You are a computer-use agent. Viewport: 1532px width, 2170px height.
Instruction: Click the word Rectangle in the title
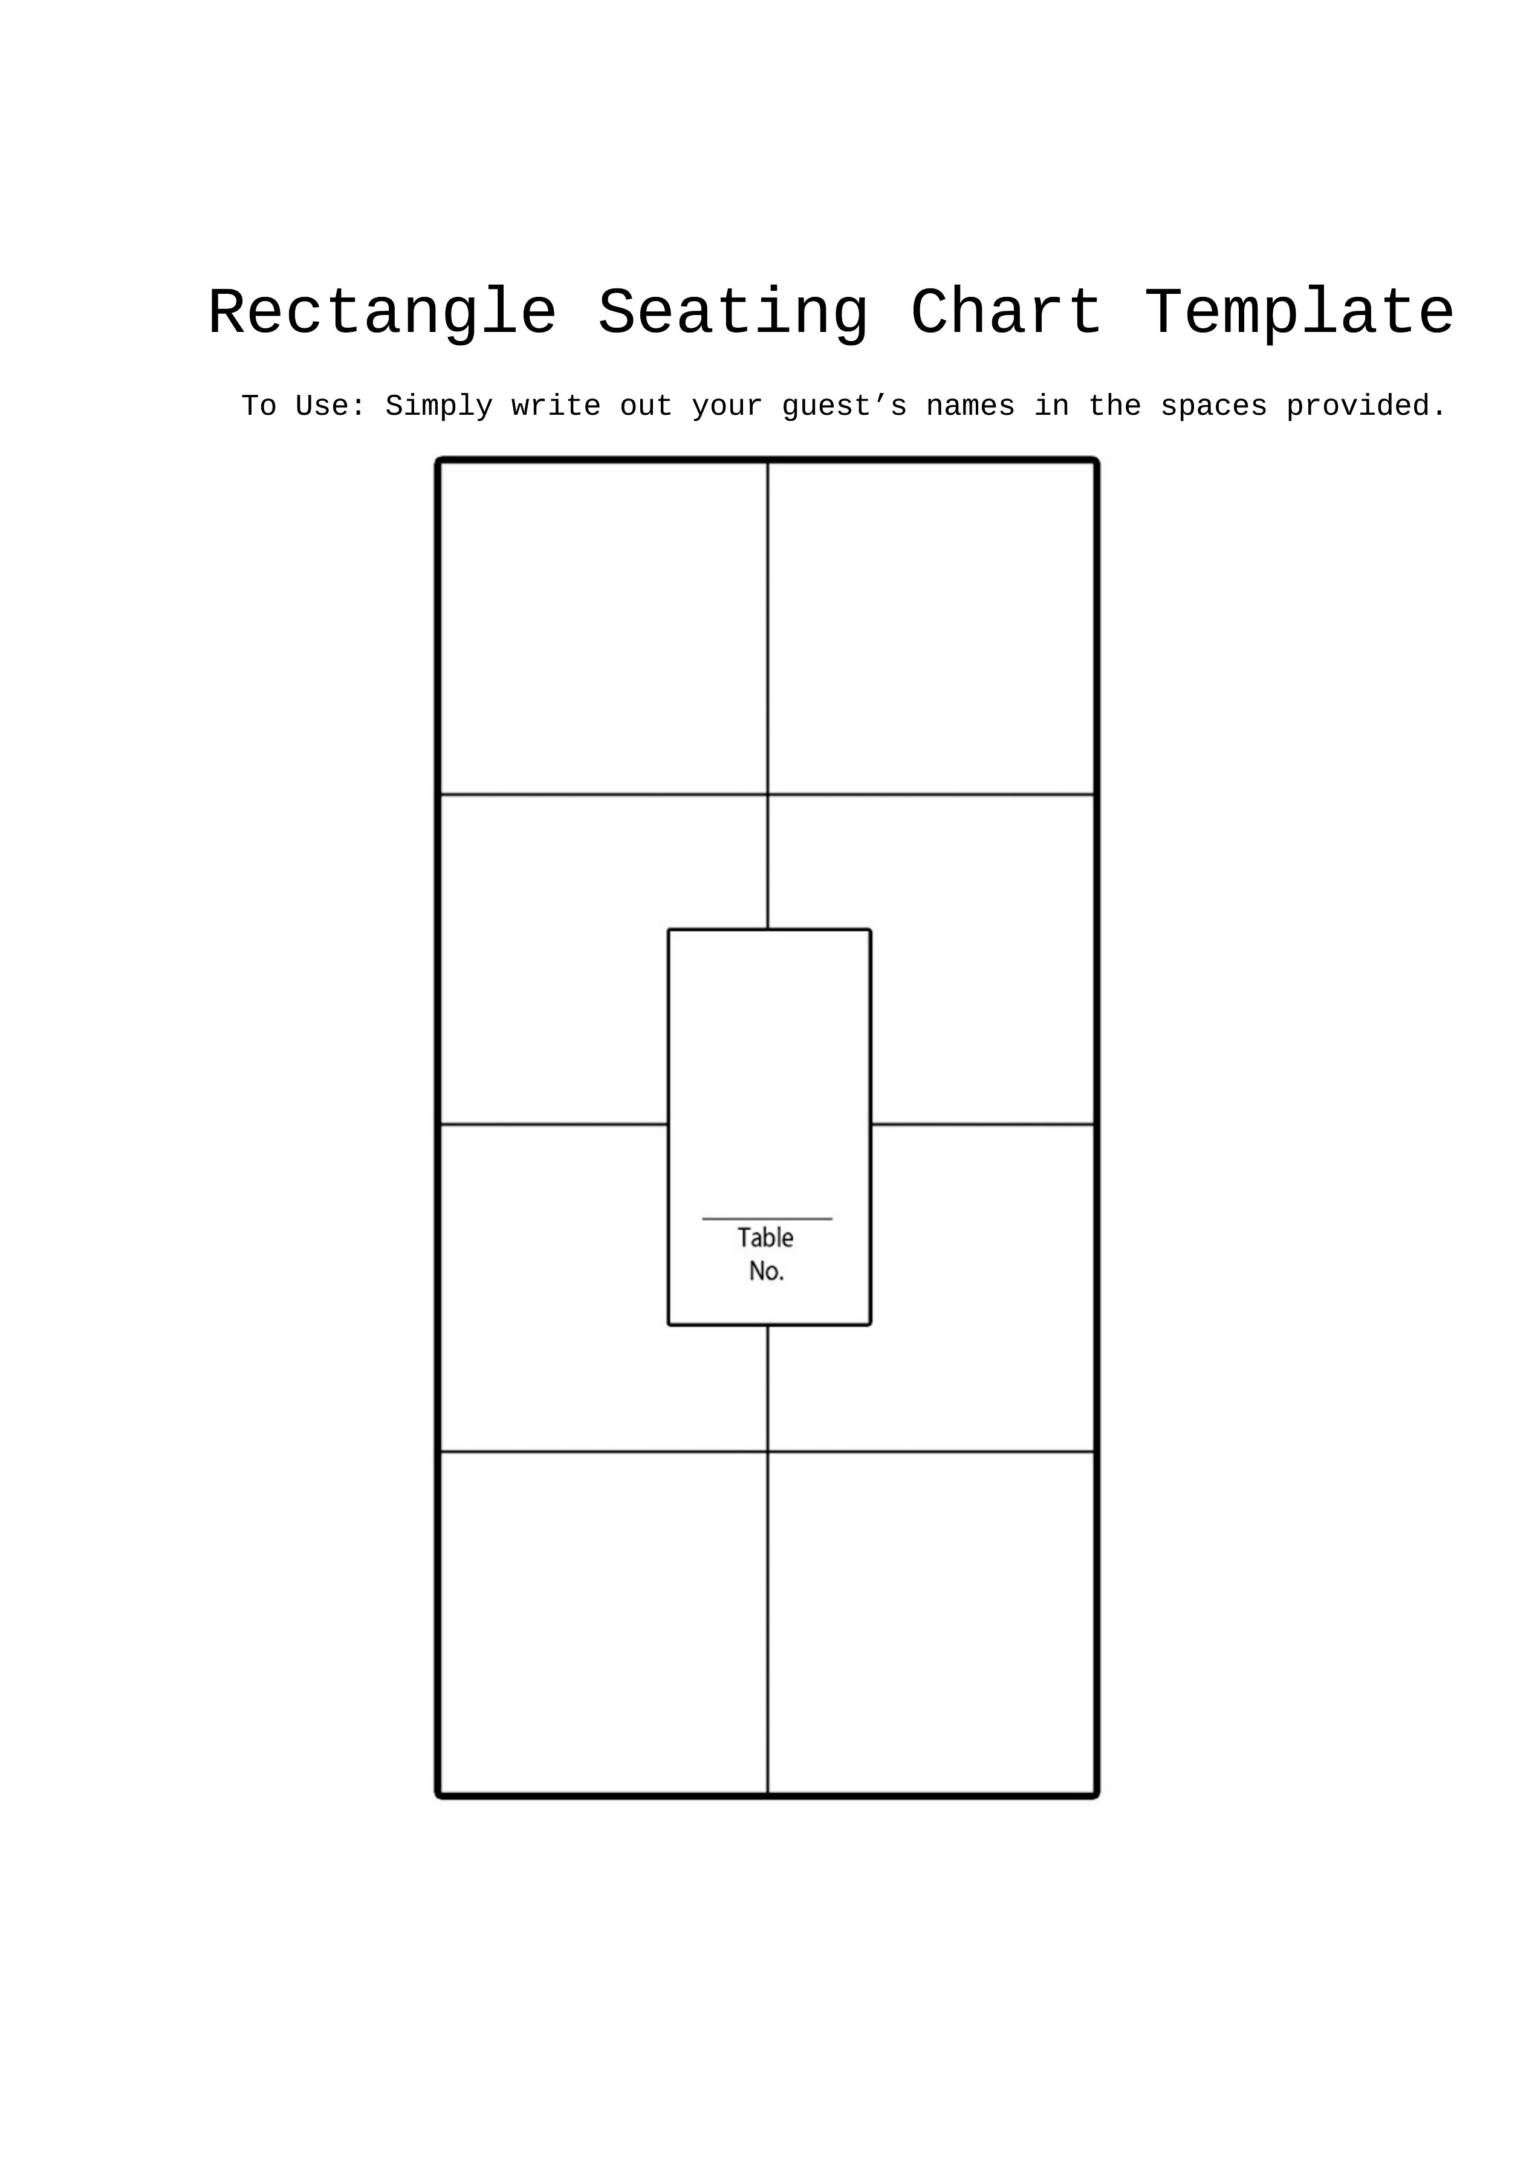coord(383,313)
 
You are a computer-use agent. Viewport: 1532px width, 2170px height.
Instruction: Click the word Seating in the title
coord(733,313)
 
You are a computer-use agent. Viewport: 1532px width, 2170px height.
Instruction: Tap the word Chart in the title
coord(1007,313)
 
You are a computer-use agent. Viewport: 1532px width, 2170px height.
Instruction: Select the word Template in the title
coord(1299,313)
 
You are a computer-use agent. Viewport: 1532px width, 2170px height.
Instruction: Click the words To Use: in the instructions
coord(303,406)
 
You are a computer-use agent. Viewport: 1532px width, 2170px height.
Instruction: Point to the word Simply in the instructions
coord(440,406)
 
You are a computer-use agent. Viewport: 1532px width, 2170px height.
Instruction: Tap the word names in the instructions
coord(970,406)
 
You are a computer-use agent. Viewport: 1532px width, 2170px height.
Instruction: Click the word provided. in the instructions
coord(1366,406)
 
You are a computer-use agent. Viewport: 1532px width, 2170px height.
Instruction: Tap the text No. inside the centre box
coord(767,1271)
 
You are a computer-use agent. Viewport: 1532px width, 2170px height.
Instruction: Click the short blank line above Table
coord(767,1219)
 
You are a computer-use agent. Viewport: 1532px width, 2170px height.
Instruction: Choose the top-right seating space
coord(931,628)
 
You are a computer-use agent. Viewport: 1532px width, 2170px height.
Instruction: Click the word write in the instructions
coord(556,406)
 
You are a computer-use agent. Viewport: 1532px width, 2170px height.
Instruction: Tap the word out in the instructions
coord(646,406)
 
